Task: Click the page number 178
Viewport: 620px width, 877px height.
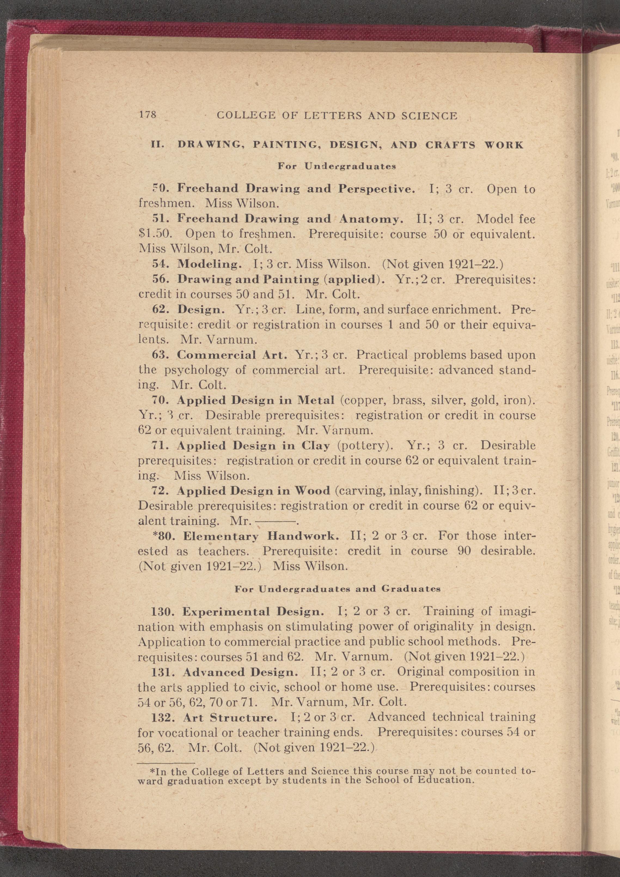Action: click(x=148, y=115)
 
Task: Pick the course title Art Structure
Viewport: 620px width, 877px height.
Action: click(x=230, y=718)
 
